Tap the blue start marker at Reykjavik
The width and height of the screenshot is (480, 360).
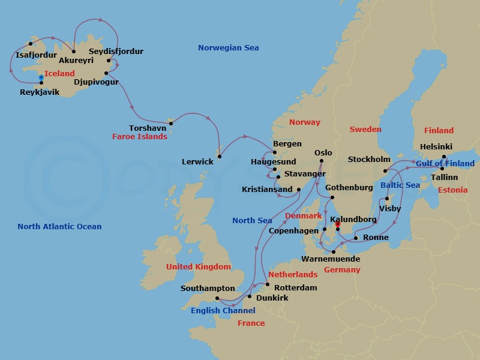[41, 77]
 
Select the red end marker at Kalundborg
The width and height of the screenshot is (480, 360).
[337, 225]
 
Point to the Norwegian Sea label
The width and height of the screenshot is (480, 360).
[229, 48]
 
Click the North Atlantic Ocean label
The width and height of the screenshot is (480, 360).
[59, 227]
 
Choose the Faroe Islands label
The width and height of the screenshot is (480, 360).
[139, 137]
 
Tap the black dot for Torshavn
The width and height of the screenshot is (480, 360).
[170, 124]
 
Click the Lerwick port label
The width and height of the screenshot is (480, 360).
[197, 162]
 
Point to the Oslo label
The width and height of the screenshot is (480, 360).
[323, 152]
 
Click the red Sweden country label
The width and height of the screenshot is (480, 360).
[365, 130]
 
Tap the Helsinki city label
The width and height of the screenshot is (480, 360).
[436, 147]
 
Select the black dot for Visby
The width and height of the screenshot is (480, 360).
[387, 199]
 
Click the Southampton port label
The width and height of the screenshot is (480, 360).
[208, 289]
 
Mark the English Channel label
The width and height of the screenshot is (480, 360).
[223, 311]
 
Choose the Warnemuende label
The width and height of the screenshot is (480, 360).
[331, 259]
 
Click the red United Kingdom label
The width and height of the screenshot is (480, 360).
[199, 267]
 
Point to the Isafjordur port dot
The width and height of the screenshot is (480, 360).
[30, 44]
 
